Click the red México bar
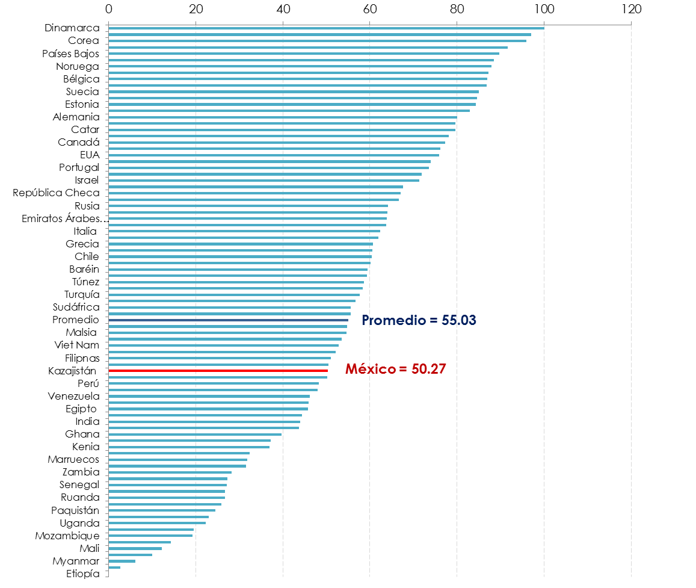pyautogui.click(x=218, y=371)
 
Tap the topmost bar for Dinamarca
pyautogui.click(x=326, y=28)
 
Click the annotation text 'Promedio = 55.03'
pyautogui.click(x=419, y=320)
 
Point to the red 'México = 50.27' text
pyautogui.click(x=395, y=370)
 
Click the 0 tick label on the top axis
pyautogui.click(x=108, y=9)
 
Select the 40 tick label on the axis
pyautogui.click(x=283, y=9)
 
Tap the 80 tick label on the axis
pyautogui.click(x=457, y=9)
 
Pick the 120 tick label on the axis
pyautogui.click(x=631, y=9)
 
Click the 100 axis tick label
pyautogui.click(x=544, y=9)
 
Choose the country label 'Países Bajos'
pyautogui.click(x=70, y=54)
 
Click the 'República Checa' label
pyautogui.click(x=56, y=193)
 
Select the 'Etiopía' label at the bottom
pyautogui.click(x=83, y=574)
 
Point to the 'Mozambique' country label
pyautogui.click(x=67, y=536)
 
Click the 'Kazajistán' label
pyautogui.click(x=72, y=371)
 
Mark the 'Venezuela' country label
pyautogui.click(x=73, y=396)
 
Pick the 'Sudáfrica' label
pyautogui.click(x=76, y=308)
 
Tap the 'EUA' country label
pyautogui.click(x=89, y=155)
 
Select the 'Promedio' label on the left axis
pyautogui.click(x=76, y=320)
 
